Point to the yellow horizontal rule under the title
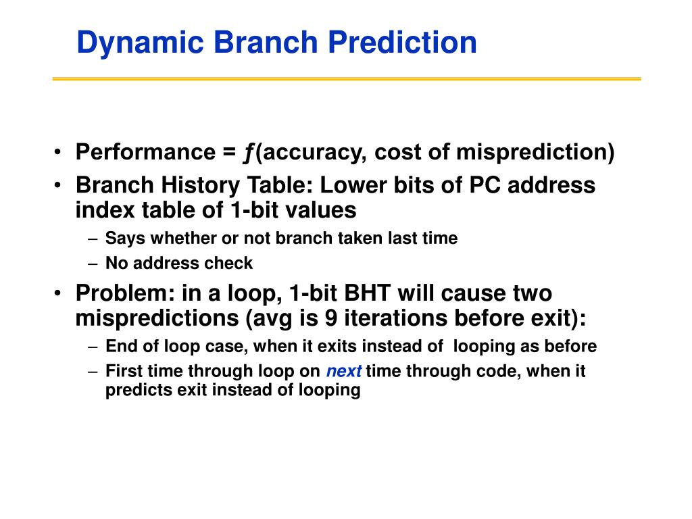click(347, 79)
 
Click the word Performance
click(146, 152)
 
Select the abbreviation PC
click(485, 185)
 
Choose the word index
click(105, 210)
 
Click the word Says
click(125, 239)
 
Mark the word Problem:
click(125, 293)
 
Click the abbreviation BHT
click(367, 293)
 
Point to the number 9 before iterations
click(331, 318)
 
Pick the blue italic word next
click(344, 371)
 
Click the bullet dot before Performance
click(58, 152)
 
